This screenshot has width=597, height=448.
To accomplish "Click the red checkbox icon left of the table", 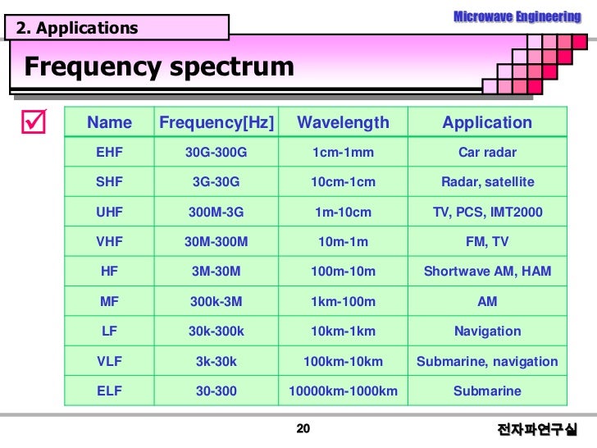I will pos(34,124).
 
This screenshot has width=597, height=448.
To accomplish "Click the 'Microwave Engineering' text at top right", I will pos(517,16).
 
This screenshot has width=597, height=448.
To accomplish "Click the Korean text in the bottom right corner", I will pos(537,430).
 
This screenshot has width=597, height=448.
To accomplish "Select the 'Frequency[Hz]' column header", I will pos(216,123).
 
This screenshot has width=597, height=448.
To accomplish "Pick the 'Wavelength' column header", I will pos(343,123).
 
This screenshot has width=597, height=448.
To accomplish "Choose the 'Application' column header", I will pos(487,123).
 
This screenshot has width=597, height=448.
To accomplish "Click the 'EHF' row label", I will pos(109,152).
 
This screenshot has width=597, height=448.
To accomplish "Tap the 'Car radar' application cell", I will pos(487,152).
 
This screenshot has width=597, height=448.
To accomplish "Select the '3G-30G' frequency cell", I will pos(216,181).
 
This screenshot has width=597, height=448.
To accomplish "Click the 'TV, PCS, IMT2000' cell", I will pos(487,212).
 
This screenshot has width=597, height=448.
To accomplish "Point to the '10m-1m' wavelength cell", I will pos(343,241).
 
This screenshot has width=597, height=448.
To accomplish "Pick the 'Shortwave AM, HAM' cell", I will pos(487,271).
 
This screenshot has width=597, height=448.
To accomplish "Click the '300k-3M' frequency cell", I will pos(216,301).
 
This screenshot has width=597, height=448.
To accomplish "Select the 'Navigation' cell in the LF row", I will pos(487,331).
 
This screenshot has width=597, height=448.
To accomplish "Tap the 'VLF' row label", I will pos(109,361).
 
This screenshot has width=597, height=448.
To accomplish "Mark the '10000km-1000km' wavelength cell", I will pos(343,391).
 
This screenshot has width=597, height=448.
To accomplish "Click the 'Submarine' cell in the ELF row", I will pos(487,391).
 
